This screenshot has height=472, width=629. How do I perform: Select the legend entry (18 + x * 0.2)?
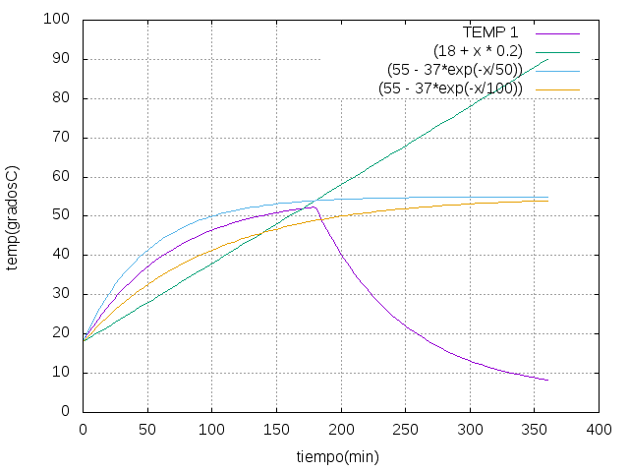coord(478,50)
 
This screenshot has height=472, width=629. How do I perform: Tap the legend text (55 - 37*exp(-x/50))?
coord(454,70)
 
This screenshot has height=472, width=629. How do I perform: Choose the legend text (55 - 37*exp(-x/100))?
coord(450,88)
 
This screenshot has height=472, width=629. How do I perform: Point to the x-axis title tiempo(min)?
coord(337,457)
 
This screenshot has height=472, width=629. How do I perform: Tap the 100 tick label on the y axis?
coord(59,20)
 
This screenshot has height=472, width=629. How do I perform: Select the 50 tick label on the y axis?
coord(63,215)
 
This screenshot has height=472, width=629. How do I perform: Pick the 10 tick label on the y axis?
coord(63,373)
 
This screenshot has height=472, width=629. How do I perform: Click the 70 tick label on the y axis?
coord(63,138)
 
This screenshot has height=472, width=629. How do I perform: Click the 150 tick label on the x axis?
coord(277,429)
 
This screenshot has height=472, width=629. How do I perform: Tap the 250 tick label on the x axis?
coord(406,429)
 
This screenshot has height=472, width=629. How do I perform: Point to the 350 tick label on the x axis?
coord(535,429)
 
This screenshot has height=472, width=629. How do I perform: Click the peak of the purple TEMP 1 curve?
coord(313,206)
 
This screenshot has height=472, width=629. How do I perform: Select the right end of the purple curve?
coord(547,381)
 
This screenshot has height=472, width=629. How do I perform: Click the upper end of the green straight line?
coord(547,59)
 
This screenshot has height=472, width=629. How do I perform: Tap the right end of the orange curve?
coord(547,201)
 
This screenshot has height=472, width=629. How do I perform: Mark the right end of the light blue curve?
coord(547,197)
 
